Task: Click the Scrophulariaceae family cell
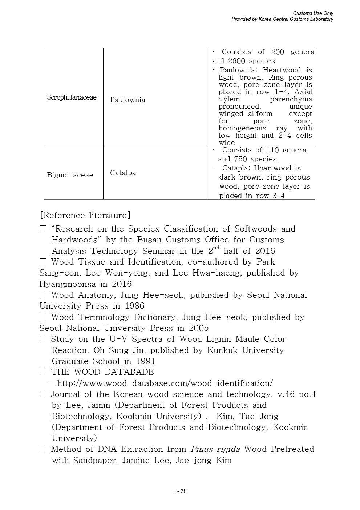point(72,97)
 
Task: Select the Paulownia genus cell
point(127,100)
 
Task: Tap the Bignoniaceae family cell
point(70,175)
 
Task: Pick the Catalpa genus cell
point(123,173)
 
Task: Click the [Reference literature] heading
point(85,215)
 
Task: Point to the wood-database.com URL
point(165,383)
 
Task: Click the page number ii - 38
point(180,491)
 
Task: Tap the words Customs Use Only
point(313,13)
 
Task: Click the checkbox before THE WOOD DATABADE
point(43,372)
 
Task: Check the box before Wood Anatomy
point(43,295)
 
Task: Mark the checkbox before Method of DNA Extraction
point(43,449)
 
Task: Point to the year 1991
point(145,361)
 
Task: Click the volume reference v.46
point(286,394)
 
